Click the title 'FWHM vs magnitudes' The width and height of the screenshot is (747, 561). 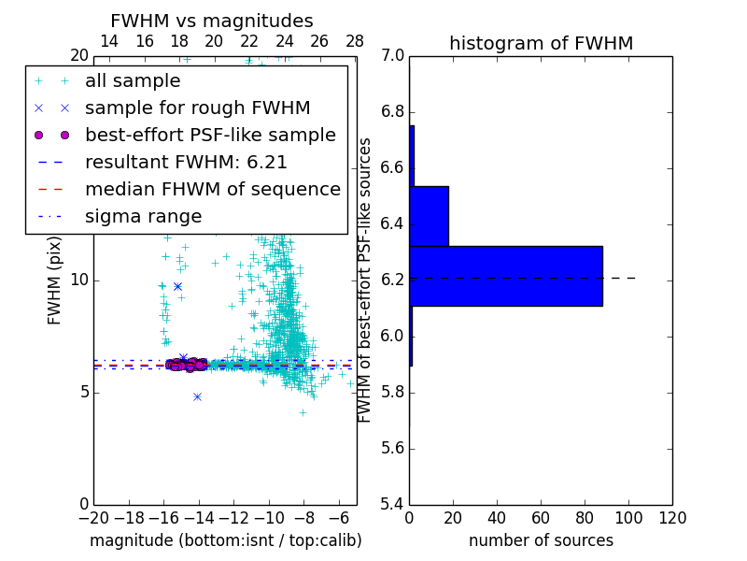tap(212, 21)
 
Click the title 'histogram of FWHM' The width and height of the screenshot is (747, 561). tap(541, 43)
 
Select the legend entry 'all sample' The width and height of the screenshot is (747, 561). tap(133, 81)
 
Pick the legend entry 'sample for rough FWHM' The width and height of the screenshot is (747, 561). tap(197, 108)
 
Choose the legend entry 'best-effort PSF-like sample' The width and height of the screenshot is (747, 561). tap(210, 135)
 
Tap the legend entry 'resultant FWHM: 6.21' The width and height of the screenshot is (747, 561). tap(186, 162)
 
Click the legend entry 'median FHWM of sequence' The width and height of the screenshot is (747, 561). tap(212, 189)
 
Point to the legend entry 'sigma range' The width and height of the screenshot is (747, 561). tap(143, 216)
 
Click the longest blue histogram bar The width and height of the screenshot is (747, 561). tap(506, 276)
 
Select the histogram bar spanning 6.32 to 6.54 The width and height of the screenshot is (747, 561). tap(429, 216)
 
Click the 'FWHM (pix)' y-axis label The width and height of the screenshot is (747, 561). tap(55, 280)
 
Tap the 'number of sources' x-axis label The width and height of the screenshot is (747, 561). tap(541, 540)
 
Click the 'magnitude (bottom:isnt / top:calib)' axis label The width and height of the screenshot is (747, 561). tap(226, 540)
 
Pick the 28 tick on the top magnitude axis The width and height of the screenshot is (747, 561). tap(355, 42)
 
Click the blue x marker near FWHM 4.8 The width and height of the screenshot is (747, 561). tap(197, 396)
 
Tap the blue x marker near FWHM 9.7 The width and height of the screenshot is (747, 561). tap(177, 286)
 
